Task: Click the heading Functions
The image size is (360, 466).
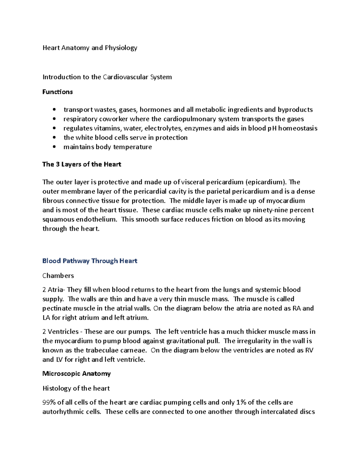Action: pyautogui.click(x=57, y=92)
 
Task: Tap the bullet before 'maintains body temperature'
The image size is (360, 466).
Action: pyautogui.click(x=54, y=147)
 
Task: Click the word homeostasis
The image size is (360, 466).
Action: pyautogui.click(x=298, y=128)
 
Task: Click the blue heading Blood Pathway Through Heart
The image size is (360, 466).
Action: pyautogui.click(x=90, y=261)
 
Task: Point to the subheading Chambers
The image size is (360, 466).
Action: pyautogui.click(x=58, y=275)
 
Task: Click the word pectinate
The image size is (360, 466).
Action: pyautogui.click(x=57, y=308)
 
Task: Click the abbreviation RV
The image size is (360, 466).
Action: pyautogui.click(x=309, y=350)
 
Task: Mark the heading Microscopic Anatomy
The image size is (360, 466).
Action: pyautogui.click(x=76, y=374)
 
